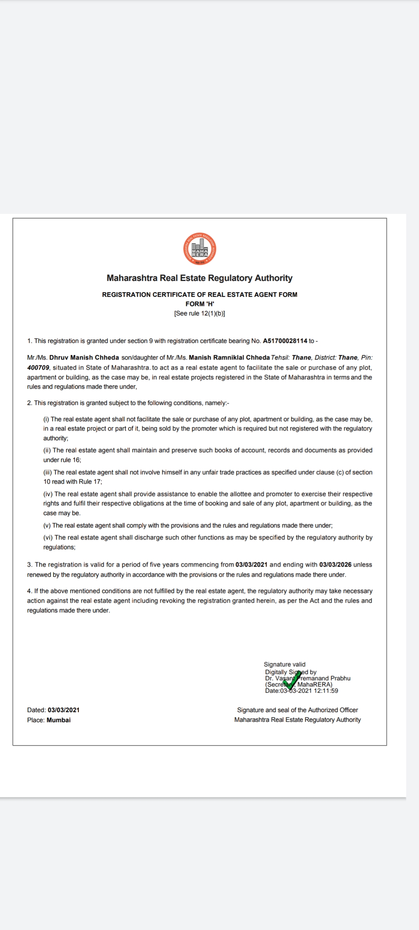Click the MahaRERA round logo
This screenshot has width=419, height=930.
point(199,249)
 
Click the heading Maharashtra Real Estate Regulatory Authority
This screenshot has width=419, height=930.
point(199,278)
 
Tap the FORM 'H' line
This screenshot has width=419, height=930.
point(199,304)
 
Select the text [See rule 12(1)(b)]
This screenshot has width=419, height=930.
point(199,313)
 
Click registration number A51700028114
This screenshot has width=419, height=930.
point(285,341)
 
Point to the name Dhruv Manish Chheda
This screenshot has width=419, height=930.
point(84,358)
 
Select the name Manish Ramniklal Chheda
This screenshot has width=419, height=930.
point(229,358)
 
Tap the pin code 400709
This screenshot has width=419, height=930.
point(38,367)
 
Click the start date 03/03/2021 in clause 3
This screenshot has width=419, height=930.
point(251,565)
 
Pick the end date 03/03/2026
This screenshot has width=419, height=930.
point(335,565)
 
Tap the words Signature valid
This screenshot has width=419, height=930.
point(284,664)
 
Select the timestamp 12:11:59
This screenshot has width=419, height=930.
point(326,691)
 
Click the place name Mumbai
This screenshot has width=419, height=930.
point(59,720)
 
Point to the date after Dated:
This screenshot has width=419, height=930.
point(64,710)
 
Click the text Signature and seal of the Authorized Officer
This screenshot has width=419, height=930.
point(297,710)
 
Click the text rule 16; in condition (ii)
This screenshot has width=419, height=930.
point(71,460)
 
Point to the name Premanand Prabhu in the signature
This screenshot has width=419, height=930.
point(325,678)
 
